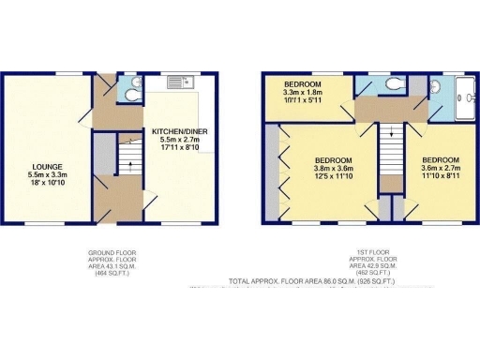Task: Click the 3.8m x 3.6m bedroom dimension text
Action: [x=331, y=170]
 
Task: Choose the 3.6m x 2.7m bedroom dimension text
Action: [x=440, y=170]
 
